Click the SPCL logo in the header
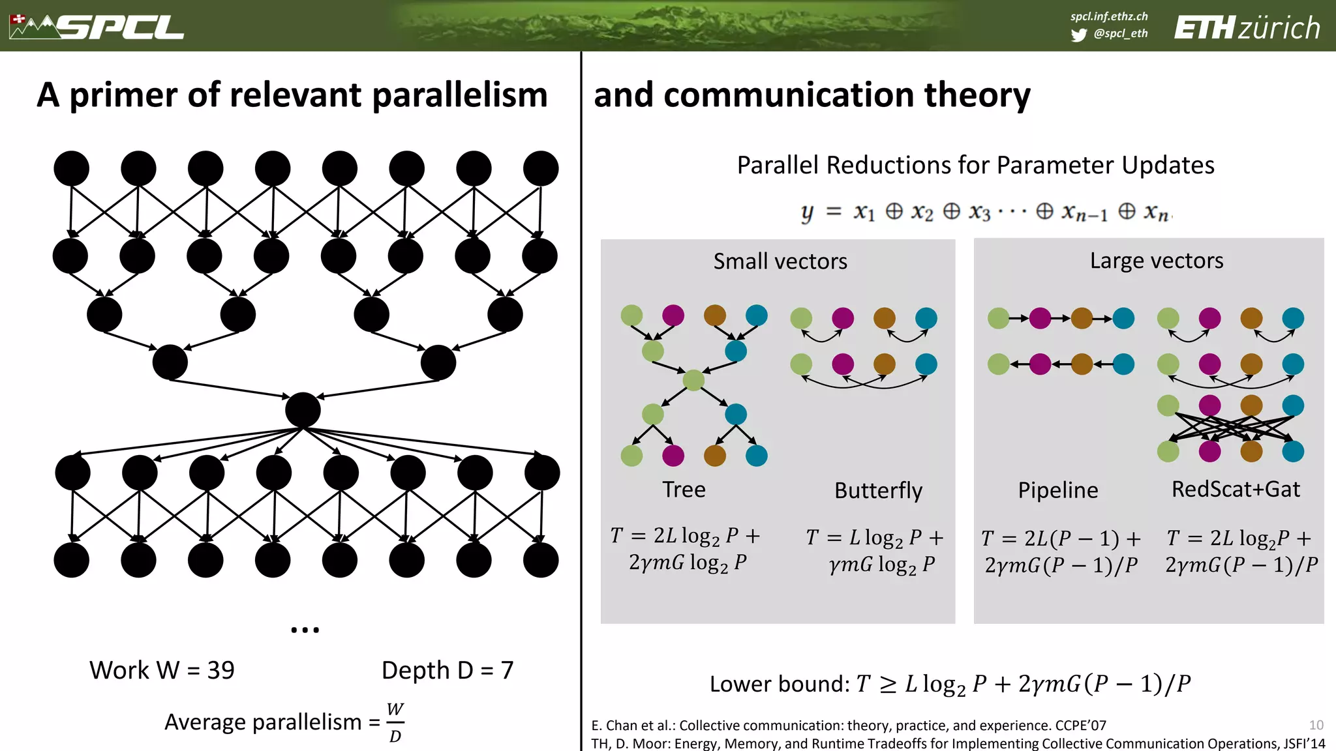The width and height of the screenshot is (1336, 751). pos(98,27)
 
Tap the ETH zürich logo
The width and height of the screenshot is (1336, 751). pos(1247,28)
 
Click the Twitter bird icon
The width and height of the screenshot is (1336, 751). pos(1078,35)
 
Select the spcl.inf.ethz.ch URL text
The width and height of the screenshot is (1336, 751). pos(1109,16)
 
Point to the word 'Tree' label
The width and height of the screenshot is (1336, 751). pos(684,490)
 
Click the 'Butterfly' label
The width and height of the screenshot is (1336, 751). pos(878,491)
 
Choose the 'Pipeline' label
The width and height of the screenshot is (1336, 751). pos(1057,490)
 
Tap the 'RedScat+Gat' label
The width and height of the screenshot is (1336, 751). pos(1236,490)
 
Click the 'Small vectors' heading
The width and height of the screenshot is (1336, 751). pos(780,261)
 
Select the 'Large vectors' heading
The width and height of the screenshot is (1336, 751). pos(1157,261)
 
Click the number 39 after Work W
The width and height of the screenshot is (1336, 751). pos(221,670)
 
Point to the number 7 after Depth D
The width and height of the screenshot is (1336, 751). pos(507,670)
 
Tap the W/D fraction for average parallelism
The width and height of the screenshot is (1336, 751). pos(395,722)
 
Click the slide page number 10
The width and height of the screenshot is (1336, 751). pos(1316,725)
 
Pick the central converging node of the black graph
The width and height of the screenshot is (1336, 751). pos(303,410)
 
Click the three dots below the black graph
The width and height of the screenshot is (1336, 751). pos(305,630)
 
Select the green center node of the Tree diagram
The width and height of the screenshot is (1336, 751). pos(693,379)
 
